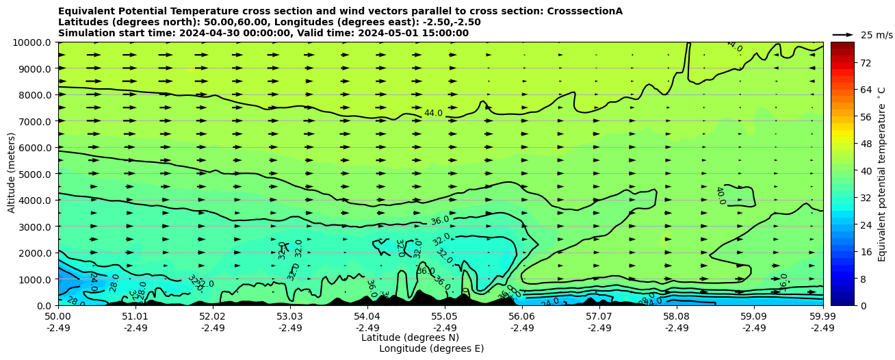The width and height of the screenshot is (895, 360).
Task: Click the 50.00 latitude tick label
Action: coord(58,316)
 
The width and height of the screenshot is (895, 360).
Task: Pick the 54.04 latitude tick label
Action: coord(367,316)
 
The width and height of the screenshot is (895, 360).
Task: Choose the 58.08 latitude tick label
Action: coord(677,316)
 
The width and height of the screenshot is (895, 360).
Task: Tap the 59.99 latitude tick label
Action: coord(822,316)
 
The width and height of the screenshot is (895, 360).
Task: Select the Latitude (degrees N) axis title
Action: coord(410,337)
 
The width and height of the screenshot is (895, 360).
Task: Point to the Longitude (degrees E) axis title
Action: coord(431,348)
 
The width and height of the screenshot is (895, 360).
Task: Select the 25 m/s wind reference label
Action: coord(877,35)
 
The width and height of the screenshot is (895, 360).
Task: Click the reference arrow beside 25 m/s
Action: coord(842,34)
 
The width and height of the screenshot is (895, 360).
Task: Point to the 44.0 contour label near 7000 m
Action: coord(433,113)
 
